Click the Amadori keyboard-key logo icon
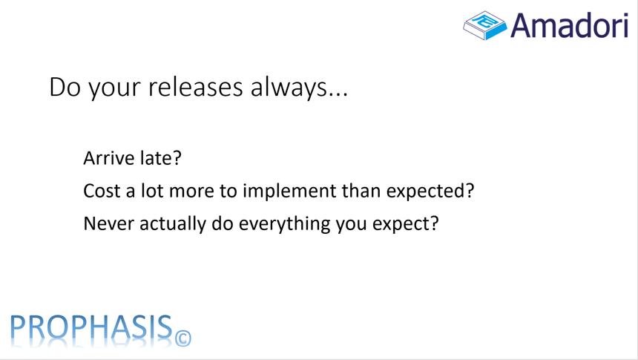tap(484, 24)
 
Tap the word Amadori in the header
tap(570, 25)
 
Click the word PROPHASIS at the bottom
tap(91, 327)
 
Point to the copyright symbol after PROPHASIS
tap(183, 338)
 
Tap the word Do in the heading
tap(65, 87)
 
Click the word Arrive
tap(108, 158)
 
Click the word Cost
tap(102, 191)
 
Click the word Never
tap(108, 223)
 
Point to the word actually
tap(173, 224)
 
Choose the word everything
tap(284, 224)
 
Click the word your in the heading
tap(115, 89)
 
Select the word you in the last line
tap(352, 225)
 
